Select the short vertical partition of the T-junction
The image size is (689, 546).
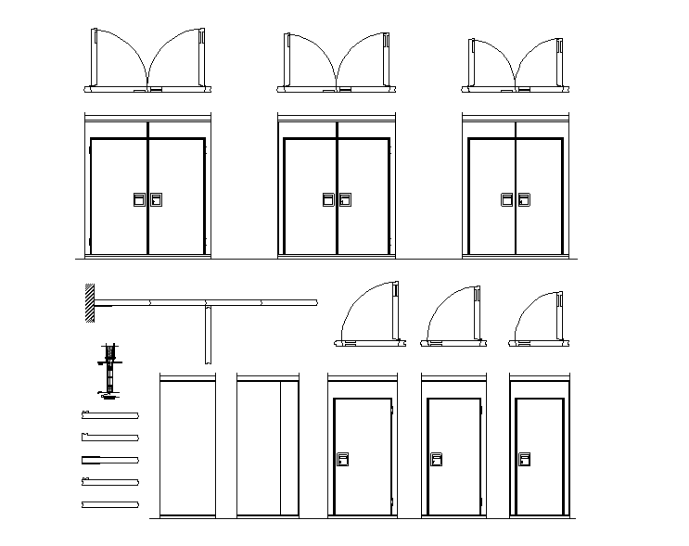pyautogui.click(x=208, y=334)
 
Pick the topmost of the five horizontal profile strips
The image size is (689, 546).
pyautogui.click(x=109, y=414)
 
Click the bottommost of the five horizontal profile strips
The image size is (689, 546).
pyautogui.click(x=109, y=503)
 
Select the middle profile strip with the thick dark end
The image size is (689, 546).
pyautogui.click(x=109, y=459)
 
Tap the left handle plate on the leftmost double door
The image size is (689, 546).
pyautogui.click(x=138, y=199)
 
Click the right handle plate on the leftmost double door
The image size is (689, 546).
pyautogui.click(x=157, y=199)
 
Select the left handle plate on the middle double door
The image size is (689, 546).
pyautogui.click(x=328, y=199)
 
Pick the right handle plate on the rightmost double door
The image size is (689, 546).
pyautogui.click(x=524, y=199)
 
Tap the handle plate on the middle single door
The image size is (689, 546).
pyautogui.click(x=436, y=459)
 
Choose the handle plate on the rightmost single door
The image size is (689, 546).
pyautogui.click(x=524, y=459)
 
